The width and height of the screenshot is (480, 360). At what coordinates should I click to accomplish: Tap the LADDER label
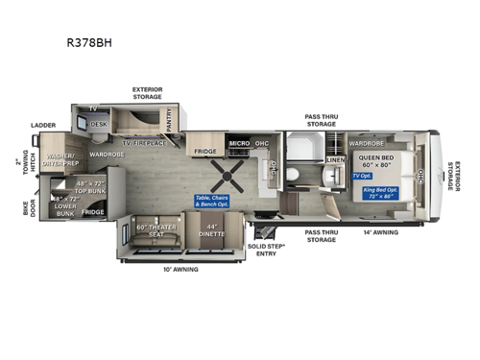(x=43, y=125)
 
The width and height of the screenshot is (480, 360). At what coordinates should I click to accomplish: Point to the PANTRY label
(x=169, y=119)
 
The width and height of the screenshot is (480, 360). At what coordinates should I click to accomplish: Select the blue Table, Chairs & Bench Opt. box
(x=210, y=201)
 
